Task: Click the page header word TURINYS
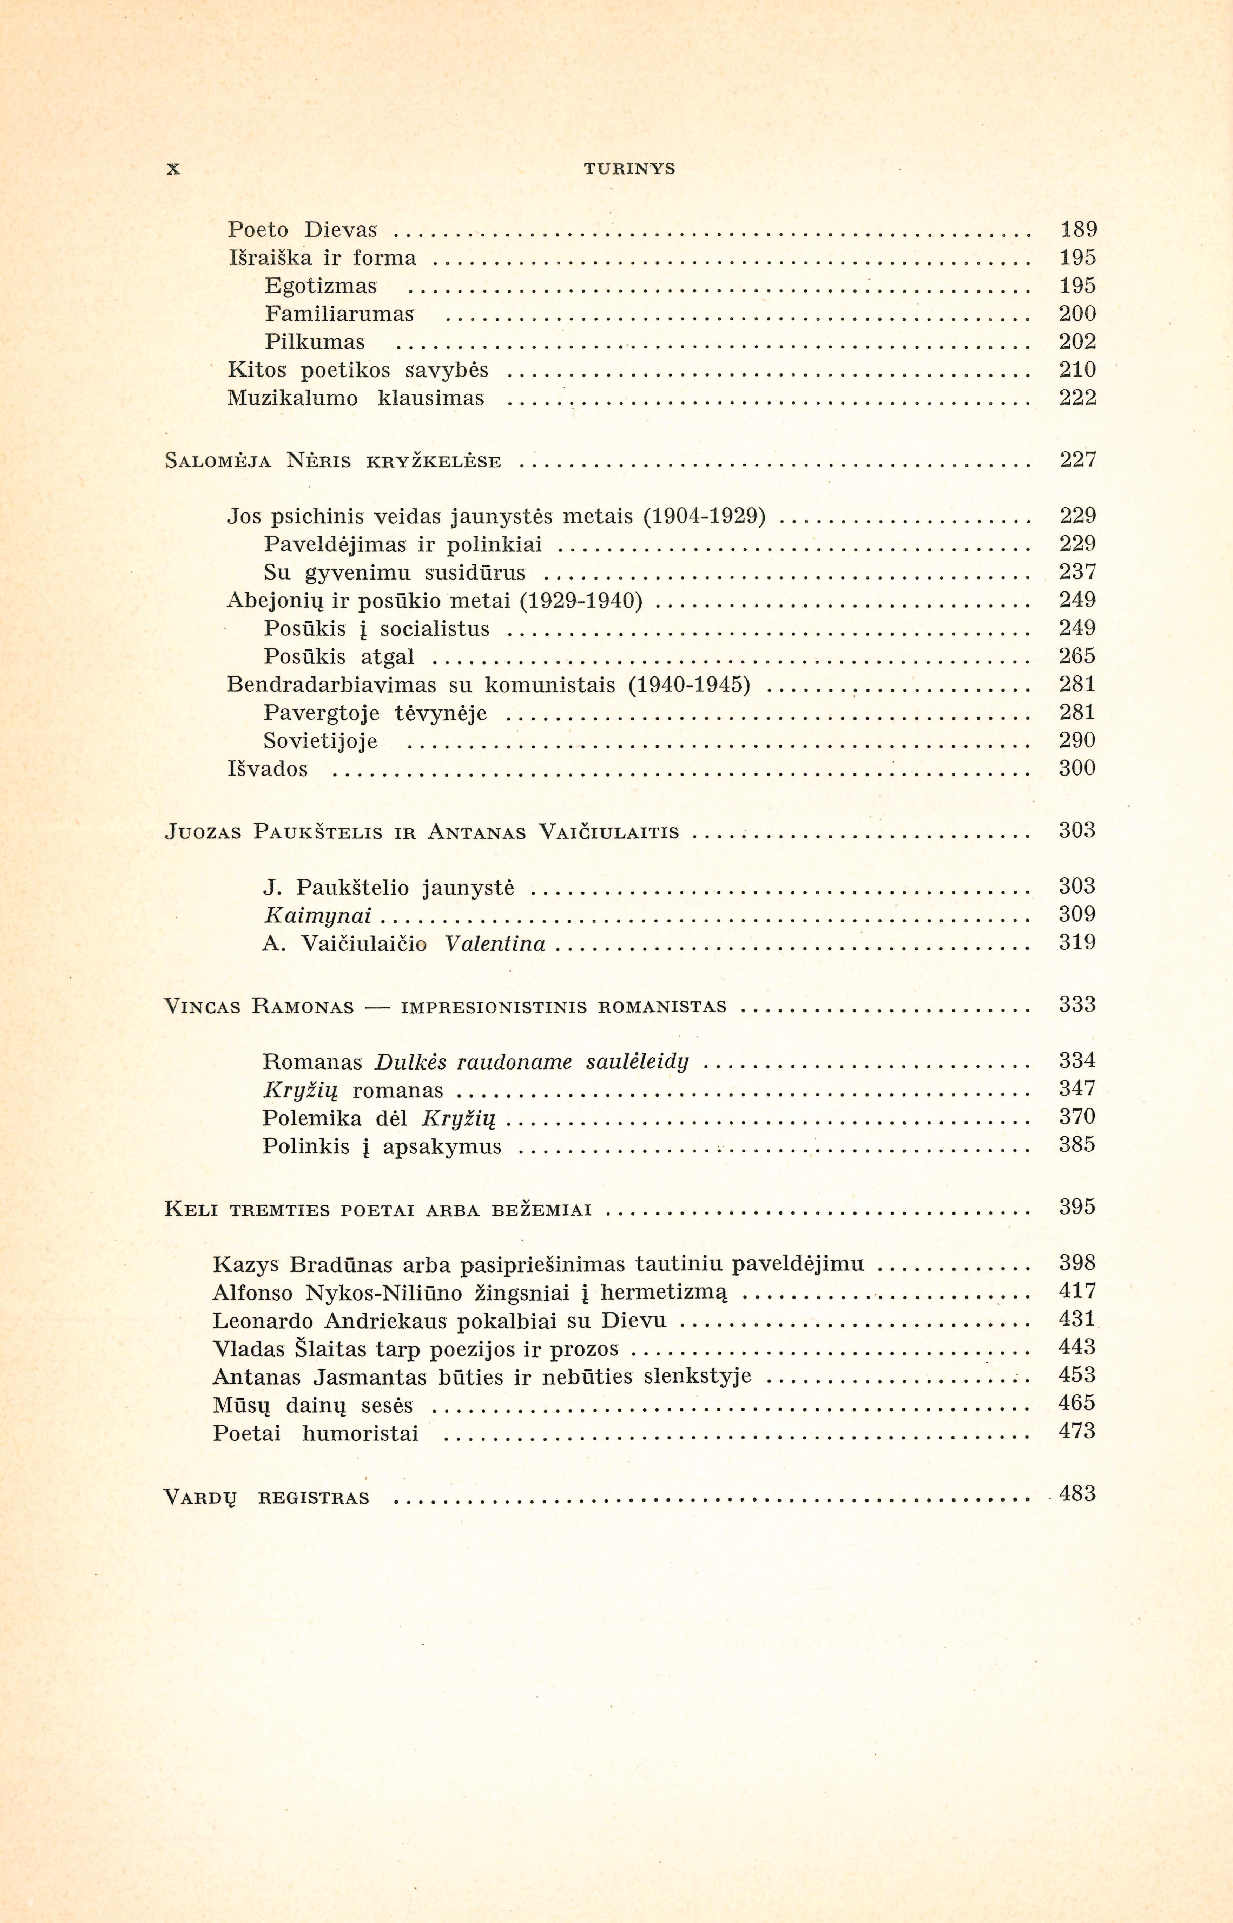[x=629, y=169]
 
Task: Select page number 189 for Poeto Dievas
[x=1078, y=230]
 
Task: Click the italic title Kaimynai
[x=317, y=915]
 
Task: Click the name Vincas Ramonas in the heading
[x=259, y=1006]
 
